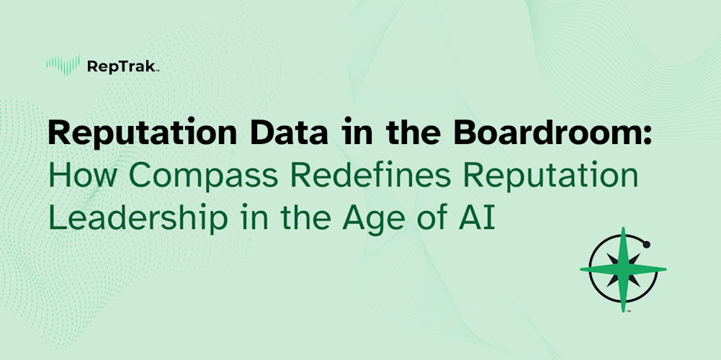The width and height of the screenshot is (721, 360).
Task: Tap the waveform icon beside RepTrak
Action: click(63, 66)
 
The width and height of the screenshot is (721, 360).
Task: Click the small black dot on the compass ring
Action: click(646, 245)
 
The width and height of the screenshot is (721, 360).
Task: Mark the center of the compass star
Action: click(623, 270)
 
